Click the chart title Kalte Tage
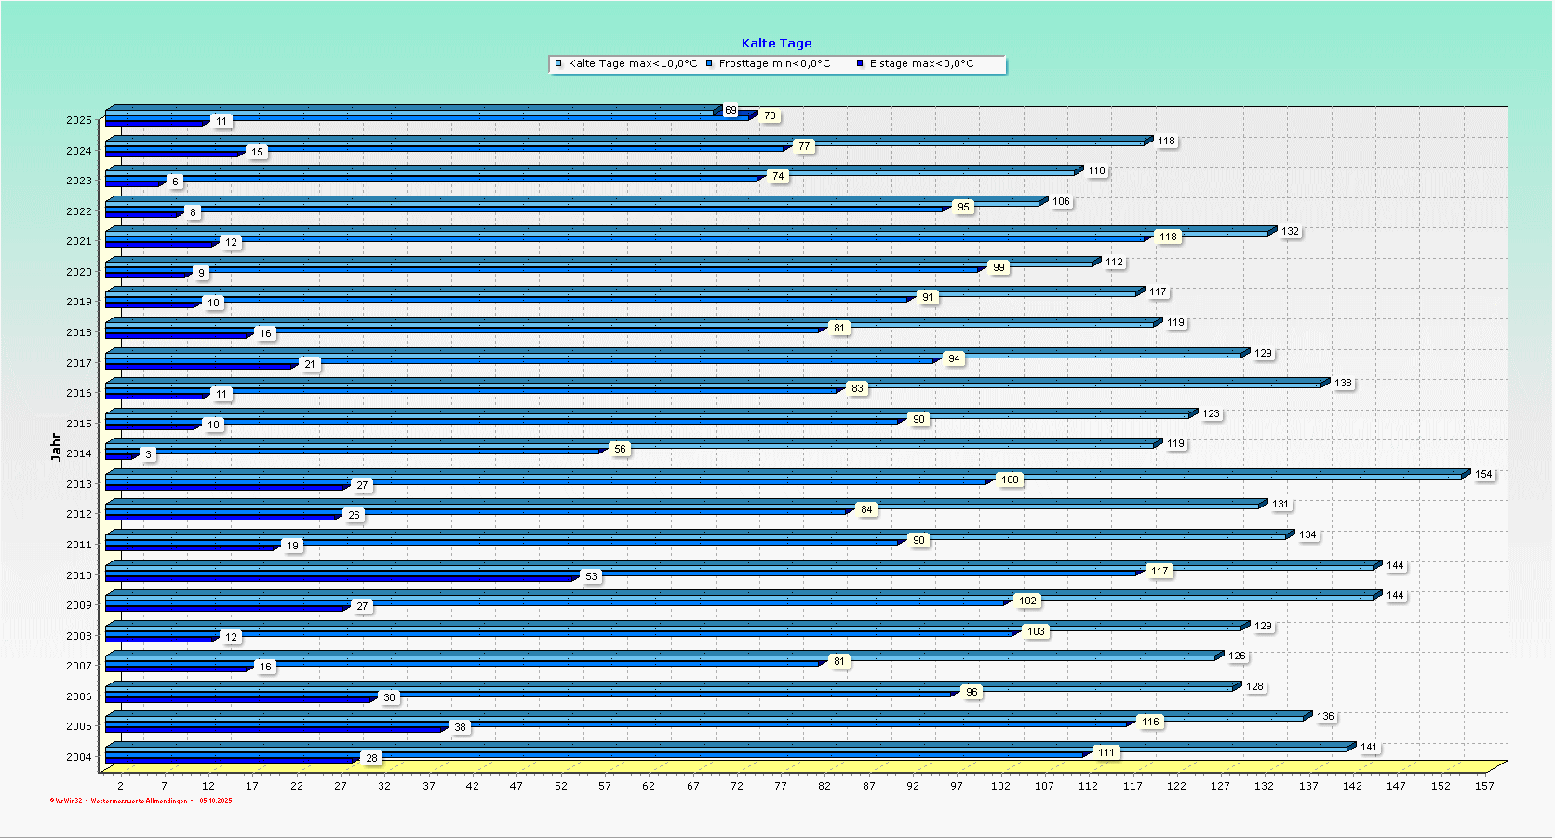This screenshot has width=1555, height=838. coord(776,43)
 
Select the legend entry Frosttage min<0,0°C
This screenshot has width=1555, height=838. coord(774,63)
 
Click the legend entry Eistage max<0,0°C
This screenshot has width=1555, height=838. coord(921,63)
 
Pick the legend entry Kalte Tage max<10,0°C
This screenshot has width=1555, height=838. coord(632,63)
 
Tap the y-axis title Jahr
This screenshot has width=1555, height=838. coord(56,447)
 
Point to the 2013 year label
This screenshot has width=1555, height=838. coord(79,484)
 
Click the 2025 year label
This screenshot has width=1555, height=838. coord(79,120)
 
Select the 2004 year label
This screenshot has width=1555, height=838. coord(79,757)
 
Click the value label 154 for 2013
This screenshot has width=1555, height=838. coord(1483,474)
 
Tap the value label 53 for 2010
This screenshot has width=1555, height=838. coord(592,576)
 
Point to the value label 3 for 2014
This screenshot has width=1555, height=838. coord(148,454)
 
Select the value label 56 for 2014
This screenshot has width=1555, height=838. coord(620,449)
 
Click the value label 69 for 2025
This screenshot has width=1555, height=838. coord(731,110)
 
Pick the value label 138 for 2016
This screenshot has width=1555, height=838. coord(1343,383)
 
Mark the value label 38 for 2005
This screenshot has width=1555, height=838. coord(460,727)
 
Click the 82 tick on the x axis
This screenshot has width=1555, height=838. coord(824,786)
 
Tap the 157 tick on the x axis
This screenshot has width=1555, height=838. coord(1484,786)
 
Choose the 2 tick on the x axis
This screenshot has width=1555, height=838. coord(120,786)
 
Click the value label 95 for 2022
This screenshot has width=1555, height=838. coord(963,207)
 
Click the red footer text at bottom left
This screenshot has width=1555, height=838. coord(141,800)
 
